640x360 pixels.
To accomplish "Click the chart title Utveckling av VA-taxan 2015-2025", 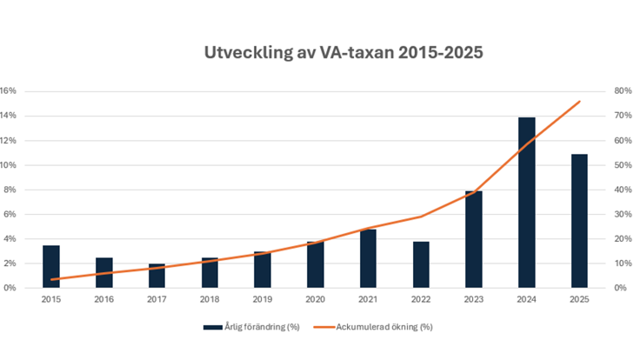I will [x=343, y=53].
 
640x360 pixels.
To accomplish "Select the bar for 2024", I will [x=527, y=202].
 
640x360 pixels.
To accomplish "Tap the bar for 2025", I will [x=579, y=221].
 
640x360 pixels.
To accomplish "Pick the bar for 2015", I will [x=51, y=266].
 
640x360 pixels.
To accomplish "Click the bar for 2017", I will [x=157, y=275].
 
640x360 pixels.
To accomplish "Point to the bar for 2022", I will [x=421, y=264].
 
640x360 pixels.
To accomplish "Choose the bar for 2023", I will [x=474, y=239].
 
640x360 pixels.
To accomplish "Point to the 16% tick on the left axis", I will [x=8, y=91].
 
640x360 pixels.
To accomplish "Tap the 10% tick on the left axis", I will [x=8, y=165].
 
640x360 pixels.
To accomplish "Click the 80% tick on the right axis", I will [x=622, y=91].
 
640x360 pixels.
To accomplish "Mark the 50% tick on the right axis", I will [x=622, y=165].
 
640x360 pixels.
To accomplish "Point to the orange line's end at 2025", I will [x=580, y=101].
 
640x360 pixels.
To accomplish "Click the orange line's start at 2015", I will [x=51, y=279].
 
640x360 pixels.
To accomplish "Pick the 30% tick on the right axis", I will [x=622, y=214].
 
